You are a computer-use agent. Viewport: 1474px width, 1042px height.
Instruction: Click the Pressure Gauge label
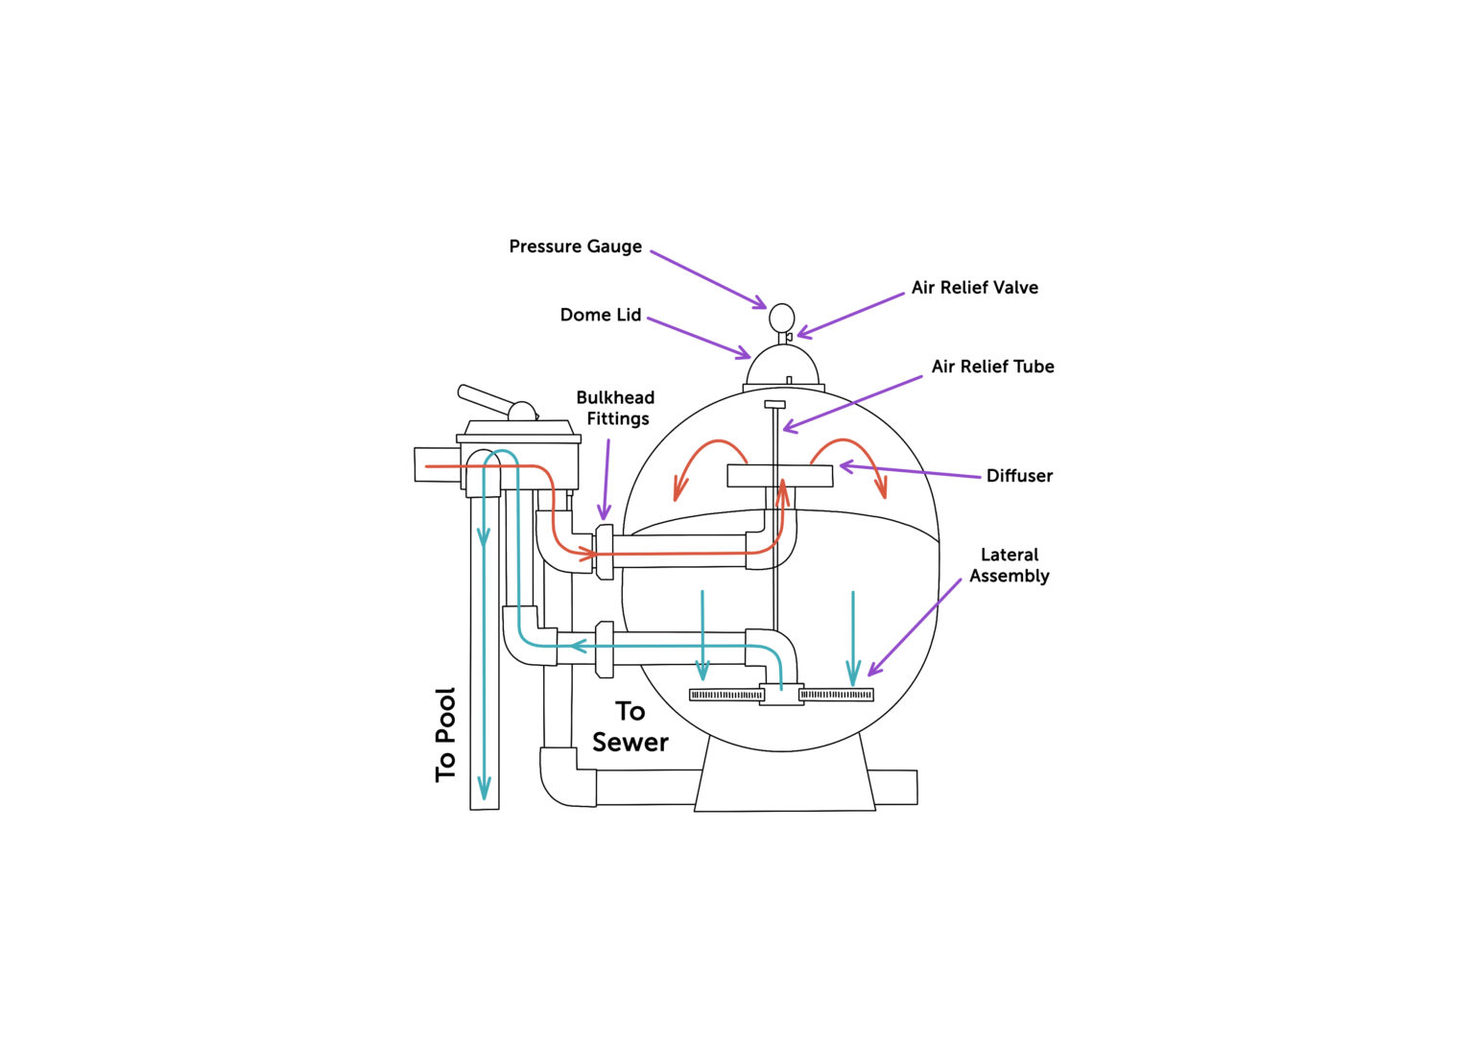pyautogui.click(x=575, y=247)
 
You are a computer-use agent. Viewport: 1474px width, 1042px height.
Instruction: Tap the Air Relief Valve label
pyautogui.click(x=974, y=287)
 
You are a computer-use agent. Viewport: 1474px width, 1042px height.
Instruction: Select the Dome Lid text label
pyautogui.click(x=600, y=315)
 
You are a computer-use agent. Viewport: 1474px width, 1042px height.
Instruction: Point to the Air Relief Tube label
pyautogui.click(x=992, y=367)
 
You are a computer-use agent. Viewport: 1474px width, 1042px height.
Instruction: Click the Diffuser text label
pyautogui.click(x=1019, y=476)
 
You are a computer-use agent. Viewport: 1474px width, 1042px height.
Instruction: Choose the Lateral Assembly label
pyautogui.click(x=1009, y=565)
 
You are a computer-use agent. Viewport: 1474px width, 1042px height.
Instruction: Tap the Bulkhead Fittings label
pyautogui.click(x=616, y=408)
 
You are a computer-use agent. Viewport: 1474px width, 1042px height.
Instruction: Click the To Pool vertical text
pyautogui.click(x=445, y=735)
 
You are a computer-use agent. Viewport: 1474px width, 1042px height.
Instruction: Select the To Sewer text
pyautogui.click(x=630, y=726)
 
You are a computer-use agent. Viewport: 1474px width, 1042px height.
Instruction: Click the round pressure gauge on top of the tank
pyautogui.click(x=782, y=318)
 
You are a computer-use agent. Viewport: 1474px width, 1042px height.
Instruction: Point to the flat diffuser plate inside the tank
pyautogui.click(x=779, y=475)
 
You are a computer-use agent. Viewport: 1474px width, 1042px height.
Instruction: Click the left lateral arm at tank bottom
pyautogui.click(x=726, y=695)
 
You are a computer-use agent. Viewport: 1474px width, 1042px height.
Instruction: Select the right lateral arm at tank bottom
pyautogui.click(x=836, y=695)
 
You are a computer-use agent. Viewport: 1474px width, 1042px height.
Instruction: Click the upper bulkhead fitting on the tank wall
pyautogui.click(x=605, y=551)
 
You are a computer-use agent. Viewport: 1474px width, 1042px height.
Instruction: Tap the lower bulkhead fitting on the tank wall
pyautogui.click(x=605, y=650)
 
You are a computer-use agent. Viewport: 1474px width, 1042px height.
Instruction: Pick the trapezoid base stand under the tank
pyautogui.click(x=784, y=777)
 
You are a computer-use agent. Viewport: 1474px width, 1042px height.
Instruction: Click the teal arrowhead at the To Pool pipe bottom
pyautogui.click(x=485, y=789)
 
